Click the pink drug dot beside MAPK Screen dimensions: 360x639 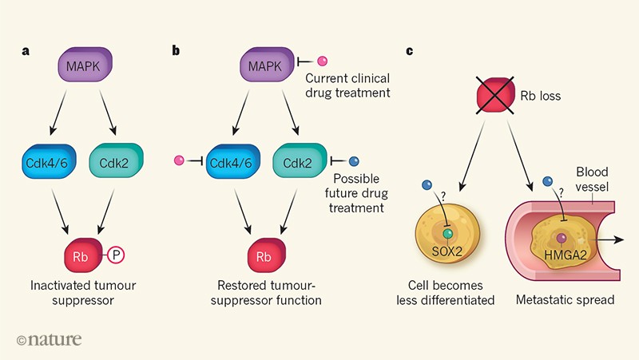(323, 61)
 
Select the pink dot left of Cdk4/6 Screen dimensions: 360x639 (179, 162)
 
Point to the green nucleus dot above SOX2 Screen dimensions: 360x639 (448, 234)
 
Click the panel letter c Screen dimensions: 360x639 (410, 52)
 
